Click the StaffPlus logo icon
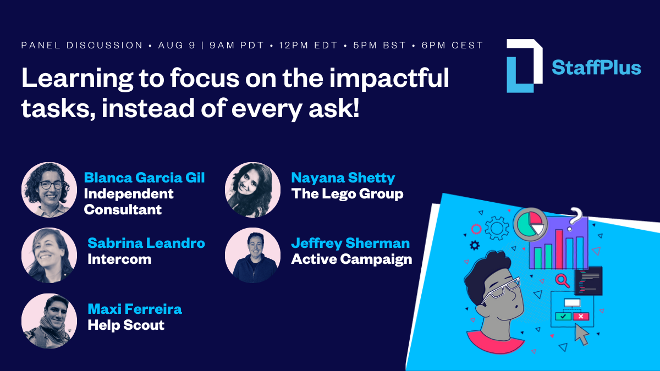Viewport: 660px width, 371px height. tap(524, 66)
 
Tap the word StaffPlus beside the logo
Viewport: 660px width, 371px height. tap(596, 68)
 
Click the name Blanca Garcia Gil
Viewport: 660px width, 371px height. tap(144, 178)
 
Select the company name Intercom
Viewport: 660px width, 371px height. tap(119, 259)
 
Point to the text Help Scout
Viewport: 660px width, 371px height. tap(126, 325)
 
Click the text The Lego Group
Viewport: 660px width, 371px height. tap(347, 194)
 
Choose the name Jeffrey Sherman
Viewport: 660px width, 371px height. tap(350, 243)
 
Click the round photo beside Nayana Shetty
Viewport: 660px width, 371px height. tap(253, 190)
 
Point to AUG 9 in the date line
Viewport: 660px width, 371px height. tap(177, 45)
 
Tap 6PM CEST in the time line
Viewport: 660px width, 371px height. tap(453, 45)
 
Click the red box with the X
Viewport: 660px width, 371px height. tap(580, 317)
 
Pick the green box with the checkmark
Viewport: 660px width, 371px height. tap(563, 317)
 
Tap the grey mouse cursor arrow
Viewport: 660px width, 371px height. tap(581, 334)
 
